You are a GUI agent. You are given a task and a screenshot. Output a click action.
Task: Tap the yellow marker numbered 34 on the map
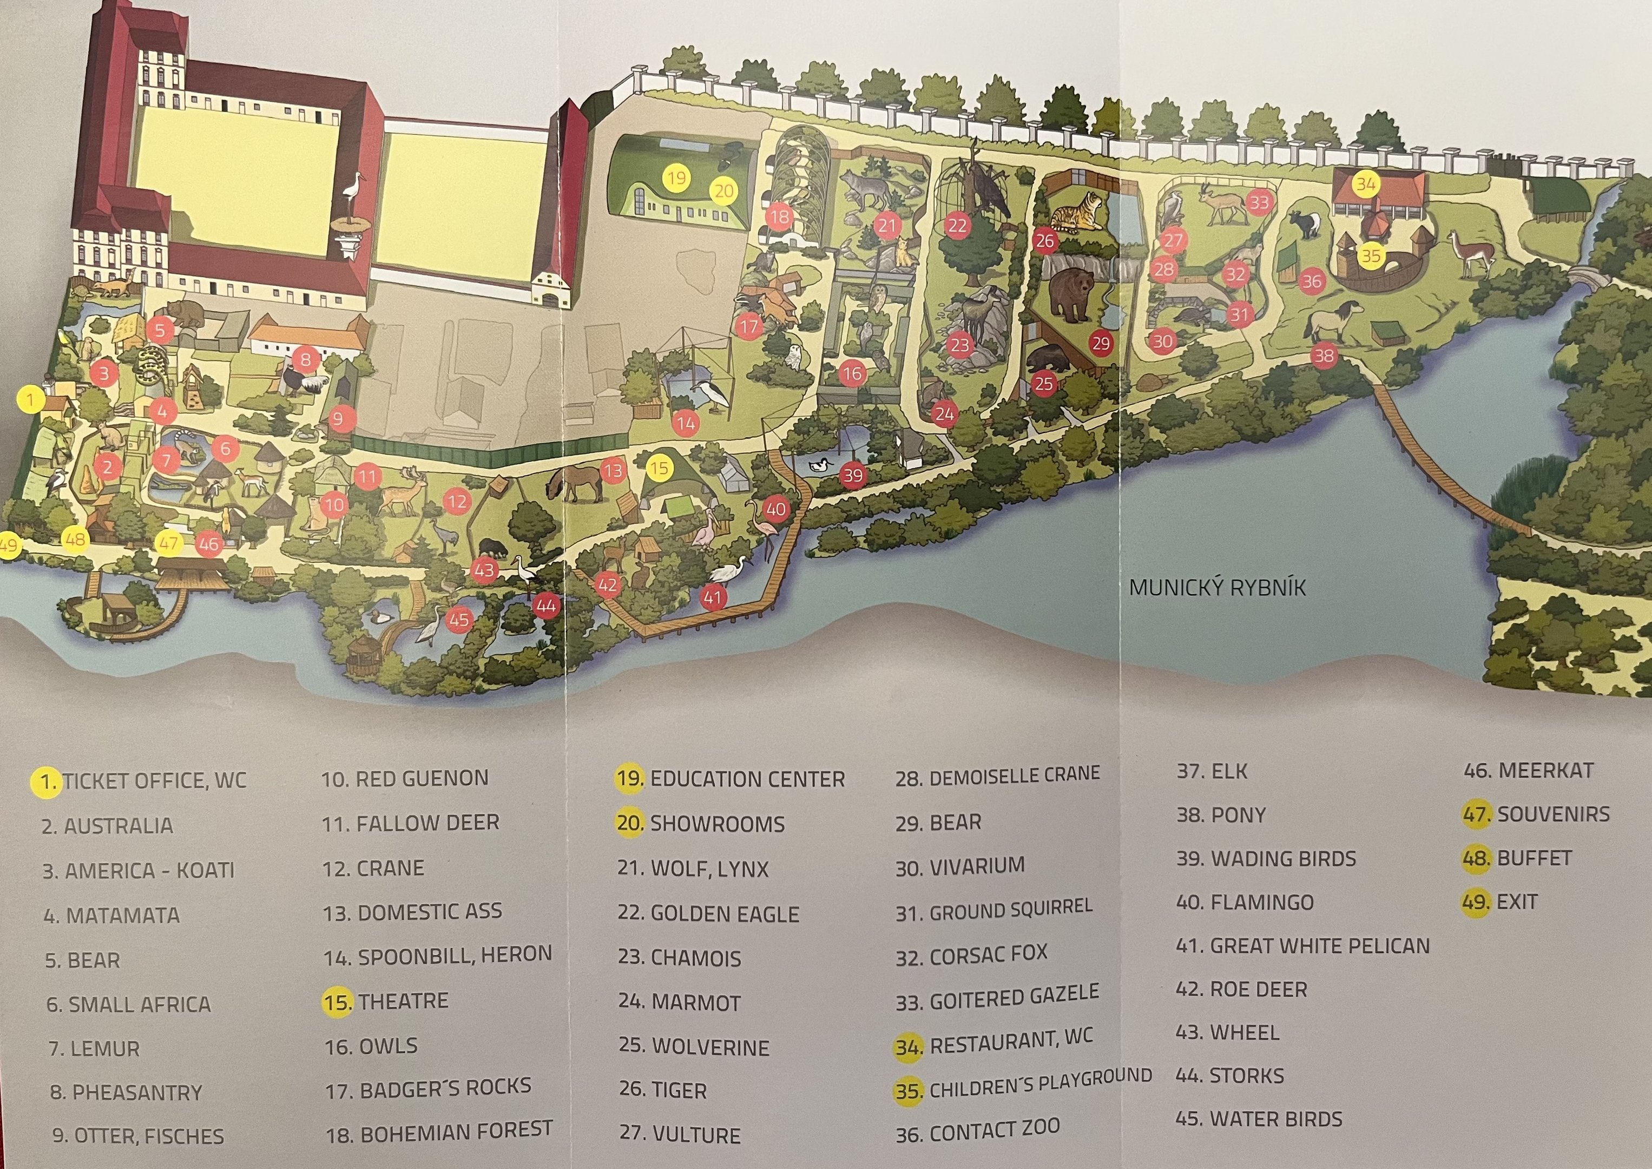[x=1366, y=184]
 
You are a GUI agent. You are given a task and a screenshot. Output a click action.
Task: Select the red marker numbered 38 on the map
[x=1323, y=355]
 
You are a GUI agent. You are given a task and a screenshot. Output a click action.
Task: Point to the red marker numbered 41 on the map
[x=712, y=597]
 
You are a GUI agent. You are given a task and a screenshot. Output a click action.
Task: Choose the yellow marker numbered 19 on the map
[x=676, y=178]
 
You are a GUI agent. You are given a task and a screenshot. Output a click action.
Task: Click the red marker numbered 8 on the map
[x=306, y=359]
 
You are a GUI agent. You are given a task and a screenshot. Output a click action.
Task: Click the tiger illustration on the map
[x=1076, y=212]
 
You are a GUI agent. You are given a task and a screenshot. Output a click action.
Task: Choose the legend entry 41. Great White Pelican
[x=1302, y=946]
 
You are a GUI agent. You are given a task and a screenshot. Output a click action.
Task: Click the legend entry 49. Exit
[x=1499, y=902]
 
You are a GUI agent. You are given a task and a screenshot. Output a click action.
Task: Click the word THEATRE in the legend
[x=404, y=1001]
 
